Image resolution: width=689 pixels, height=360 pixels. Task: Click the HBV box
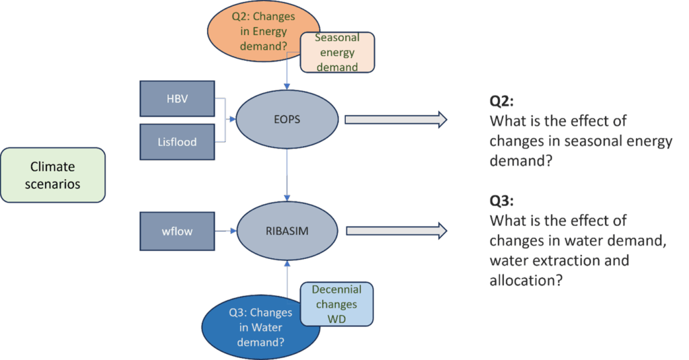[x=177, y=98]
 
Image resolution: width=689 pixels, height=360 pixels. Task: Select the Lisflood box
[x=177, y=141]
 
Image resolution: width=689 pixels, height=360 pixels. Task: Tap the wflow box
[x=177, y=231]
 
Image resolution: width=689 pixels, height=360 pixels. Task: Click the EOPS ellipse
[x=287, y=120]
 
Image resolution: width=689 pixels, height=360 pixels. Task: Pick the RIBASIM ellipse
[x=287, y=231]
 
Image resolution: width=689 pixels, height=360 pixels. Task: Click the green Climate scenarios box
[x=52, y=175]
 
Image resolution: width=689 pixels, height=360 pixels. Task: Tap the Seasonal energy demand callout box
[x=338, y=52]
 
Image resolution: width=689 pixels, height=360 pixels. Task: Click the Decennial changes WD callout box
[x=336, y=304]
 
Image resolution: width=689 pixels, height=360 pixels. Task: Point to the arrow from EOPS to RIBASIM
[x=287, y=175]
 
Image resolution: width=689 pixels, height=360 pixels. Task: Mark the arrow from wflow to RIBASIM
[x=225, y=231]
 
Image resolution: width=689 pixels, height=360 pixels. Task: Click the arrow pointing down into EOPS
[x=287, y=74]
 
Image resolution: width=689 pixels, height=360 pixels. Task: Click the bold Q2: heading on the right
[x=502, y=102]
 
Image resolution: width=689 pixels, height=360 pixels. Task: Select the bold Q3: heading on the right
[x=502, y=201]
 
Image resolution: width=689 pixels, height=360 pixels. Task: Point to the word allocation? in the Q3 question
[x=525, y=280]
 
